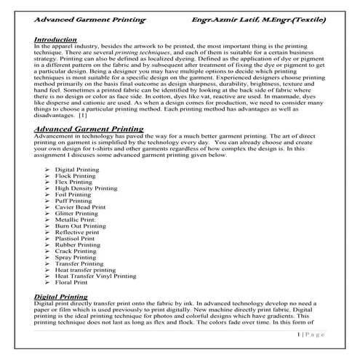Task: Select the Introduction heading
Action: pyautogui.click(x=55, y=39)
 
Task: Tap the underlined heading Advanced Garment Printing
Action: pyautogui.click(x=89, y=129)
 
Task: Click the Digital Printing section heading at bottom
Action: pyautogui.click(x=64, y=297)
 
